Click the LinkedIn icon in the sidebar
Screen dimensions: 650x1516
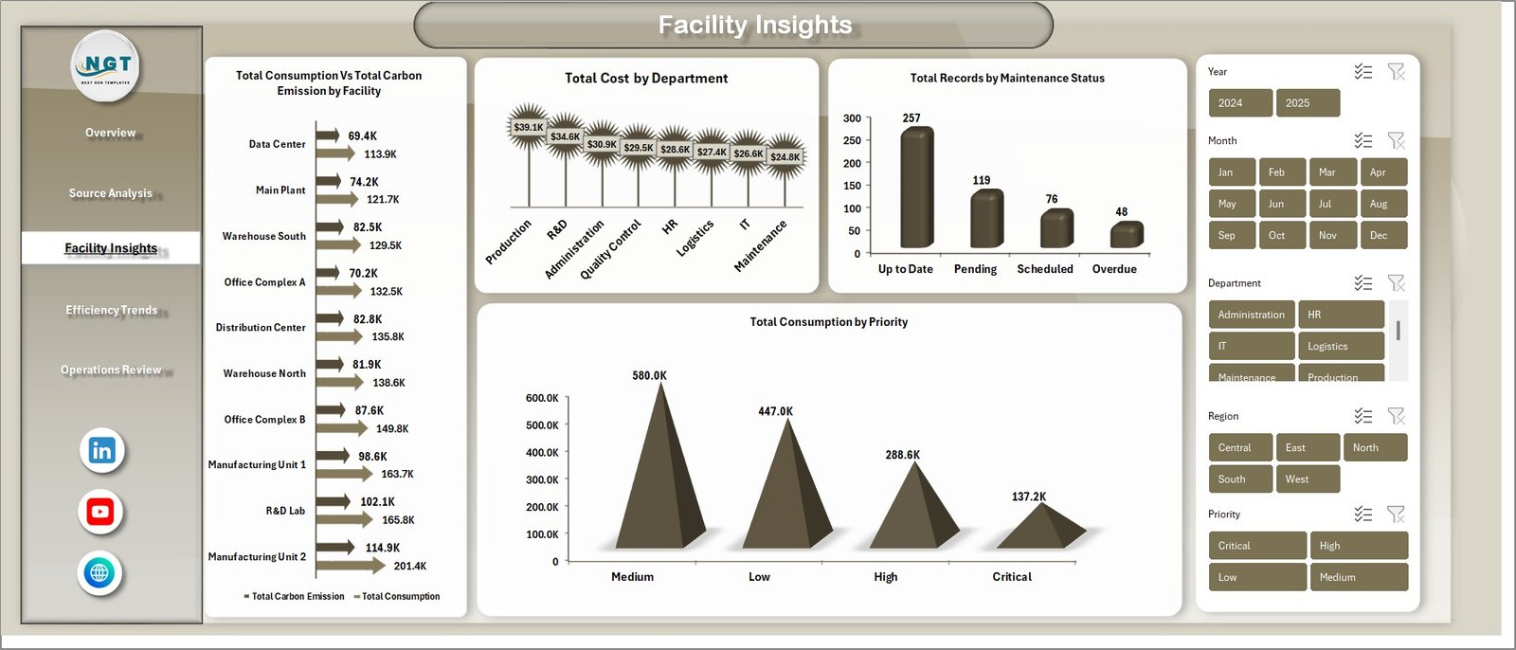pyautogui.click(x=101, y=450)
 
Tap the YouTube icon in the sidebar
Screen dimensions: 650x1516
pyautogui.click(x=100, y=512)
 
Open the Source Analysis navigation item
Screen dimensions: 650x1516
pyautogui.click(x=110, y=193)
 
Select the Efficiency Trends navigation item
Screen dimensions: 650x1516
pyautogui.click(x=111, y=310)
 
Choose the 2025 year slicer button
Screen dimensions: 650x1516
pyautogui.click(x=1308, y=103)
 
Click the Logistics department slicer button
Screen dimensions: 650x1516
pyautogui.click(x=1340, y=346)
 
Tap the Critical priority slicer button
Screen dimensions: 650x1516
pyautogui.click(x=1256, y=546)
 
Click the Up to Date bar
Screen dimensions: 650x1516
pyautogui.click(x=916, y=190)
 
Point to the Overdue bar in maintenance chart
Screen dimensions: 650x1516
pyautogui.click(x=1126, y=235)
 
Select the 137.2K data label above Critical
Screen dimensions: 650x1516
pyautogui.click(x=1028, y=497)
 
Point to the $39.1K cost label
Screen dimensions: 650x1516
pyautogui.click(x=528, y=127)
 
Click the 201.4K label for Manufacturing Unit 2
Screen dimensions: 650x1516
pyautogui.click(x=410, y=566)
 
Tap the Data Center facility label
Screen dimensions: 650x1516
pyautogui.click(x=277, y=144)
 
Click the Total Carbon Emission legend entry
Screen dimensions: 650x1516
pyautogui.click(x=295, y=596)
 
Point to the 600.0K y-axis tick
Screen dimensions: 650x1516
pyautogui.click(x=542, y=398)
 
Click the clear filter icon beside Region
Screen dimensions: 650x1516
pyautogui.click(x=1396, y=416)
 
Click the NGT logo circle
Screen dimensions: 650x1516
pyautogui.click(x=106, y=65)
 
